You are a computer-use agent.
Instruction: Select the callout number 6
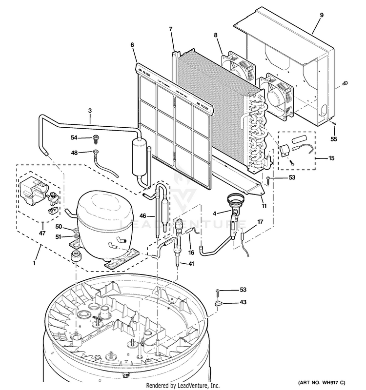click(132, 45)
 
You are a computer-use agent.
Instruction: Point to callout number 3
click(90, 111)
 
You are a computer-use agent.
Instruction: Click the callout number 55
click(334, 139)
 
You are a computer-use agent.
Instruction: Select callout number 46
click(143, 215)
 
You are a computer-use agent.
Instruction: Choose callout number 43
click(243, 302)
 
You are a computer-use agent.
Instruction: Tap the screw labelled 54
click(96, 140)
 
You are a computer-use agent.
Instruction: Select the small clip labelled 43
click(218, 305)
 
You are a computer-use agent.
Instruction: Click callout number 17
click(260, 222)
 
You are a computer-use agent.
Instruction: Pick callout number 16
click(191, 252)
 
